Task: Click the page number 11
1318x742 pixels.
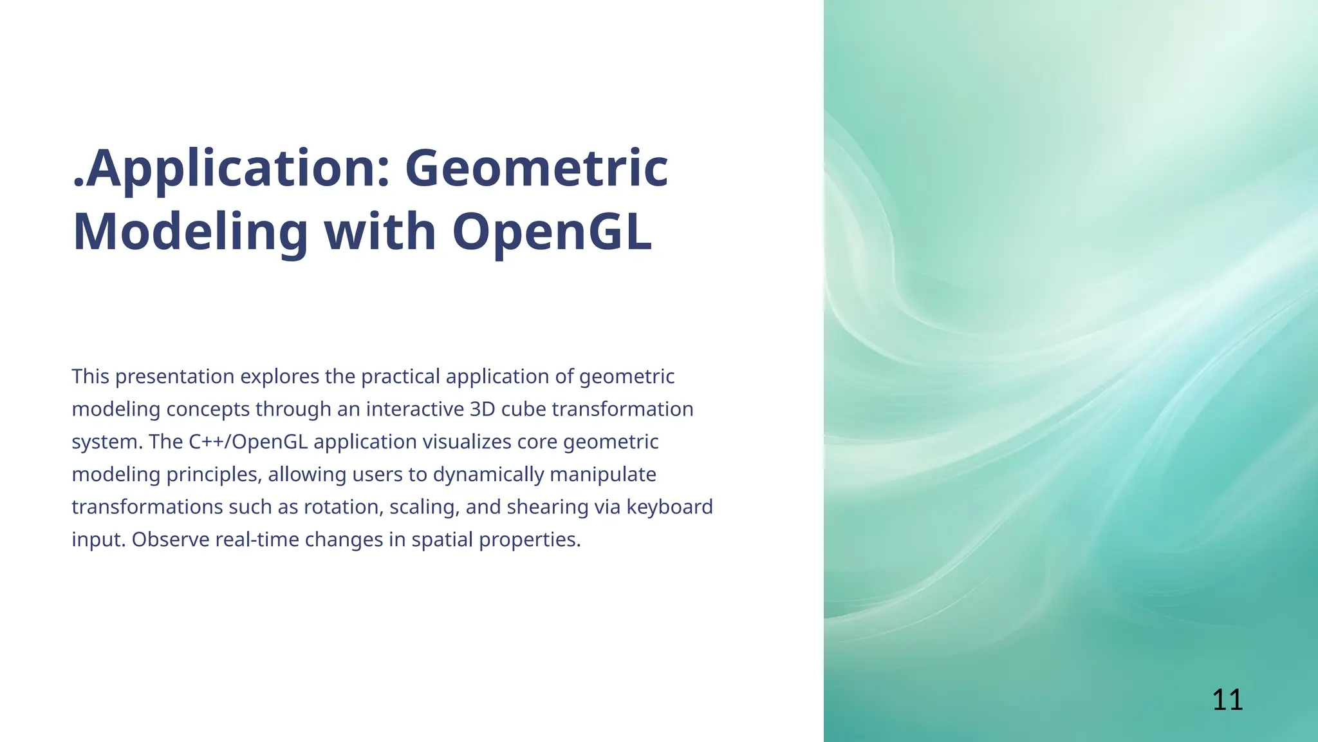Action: click(1227, 700)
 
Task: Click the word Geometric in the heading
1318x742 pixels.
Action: click(536, 169)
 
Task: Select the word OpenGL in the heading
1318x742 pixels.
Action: click(552, 233)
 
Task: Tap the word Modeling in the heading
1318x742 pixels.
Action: click(190, 233)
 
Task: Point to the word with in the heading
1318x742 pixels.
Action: click(380, 233)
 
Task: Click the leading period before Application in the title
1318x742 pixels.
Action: click(78, 184)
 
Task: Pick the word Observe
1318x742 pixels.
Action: click(171, 540)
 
